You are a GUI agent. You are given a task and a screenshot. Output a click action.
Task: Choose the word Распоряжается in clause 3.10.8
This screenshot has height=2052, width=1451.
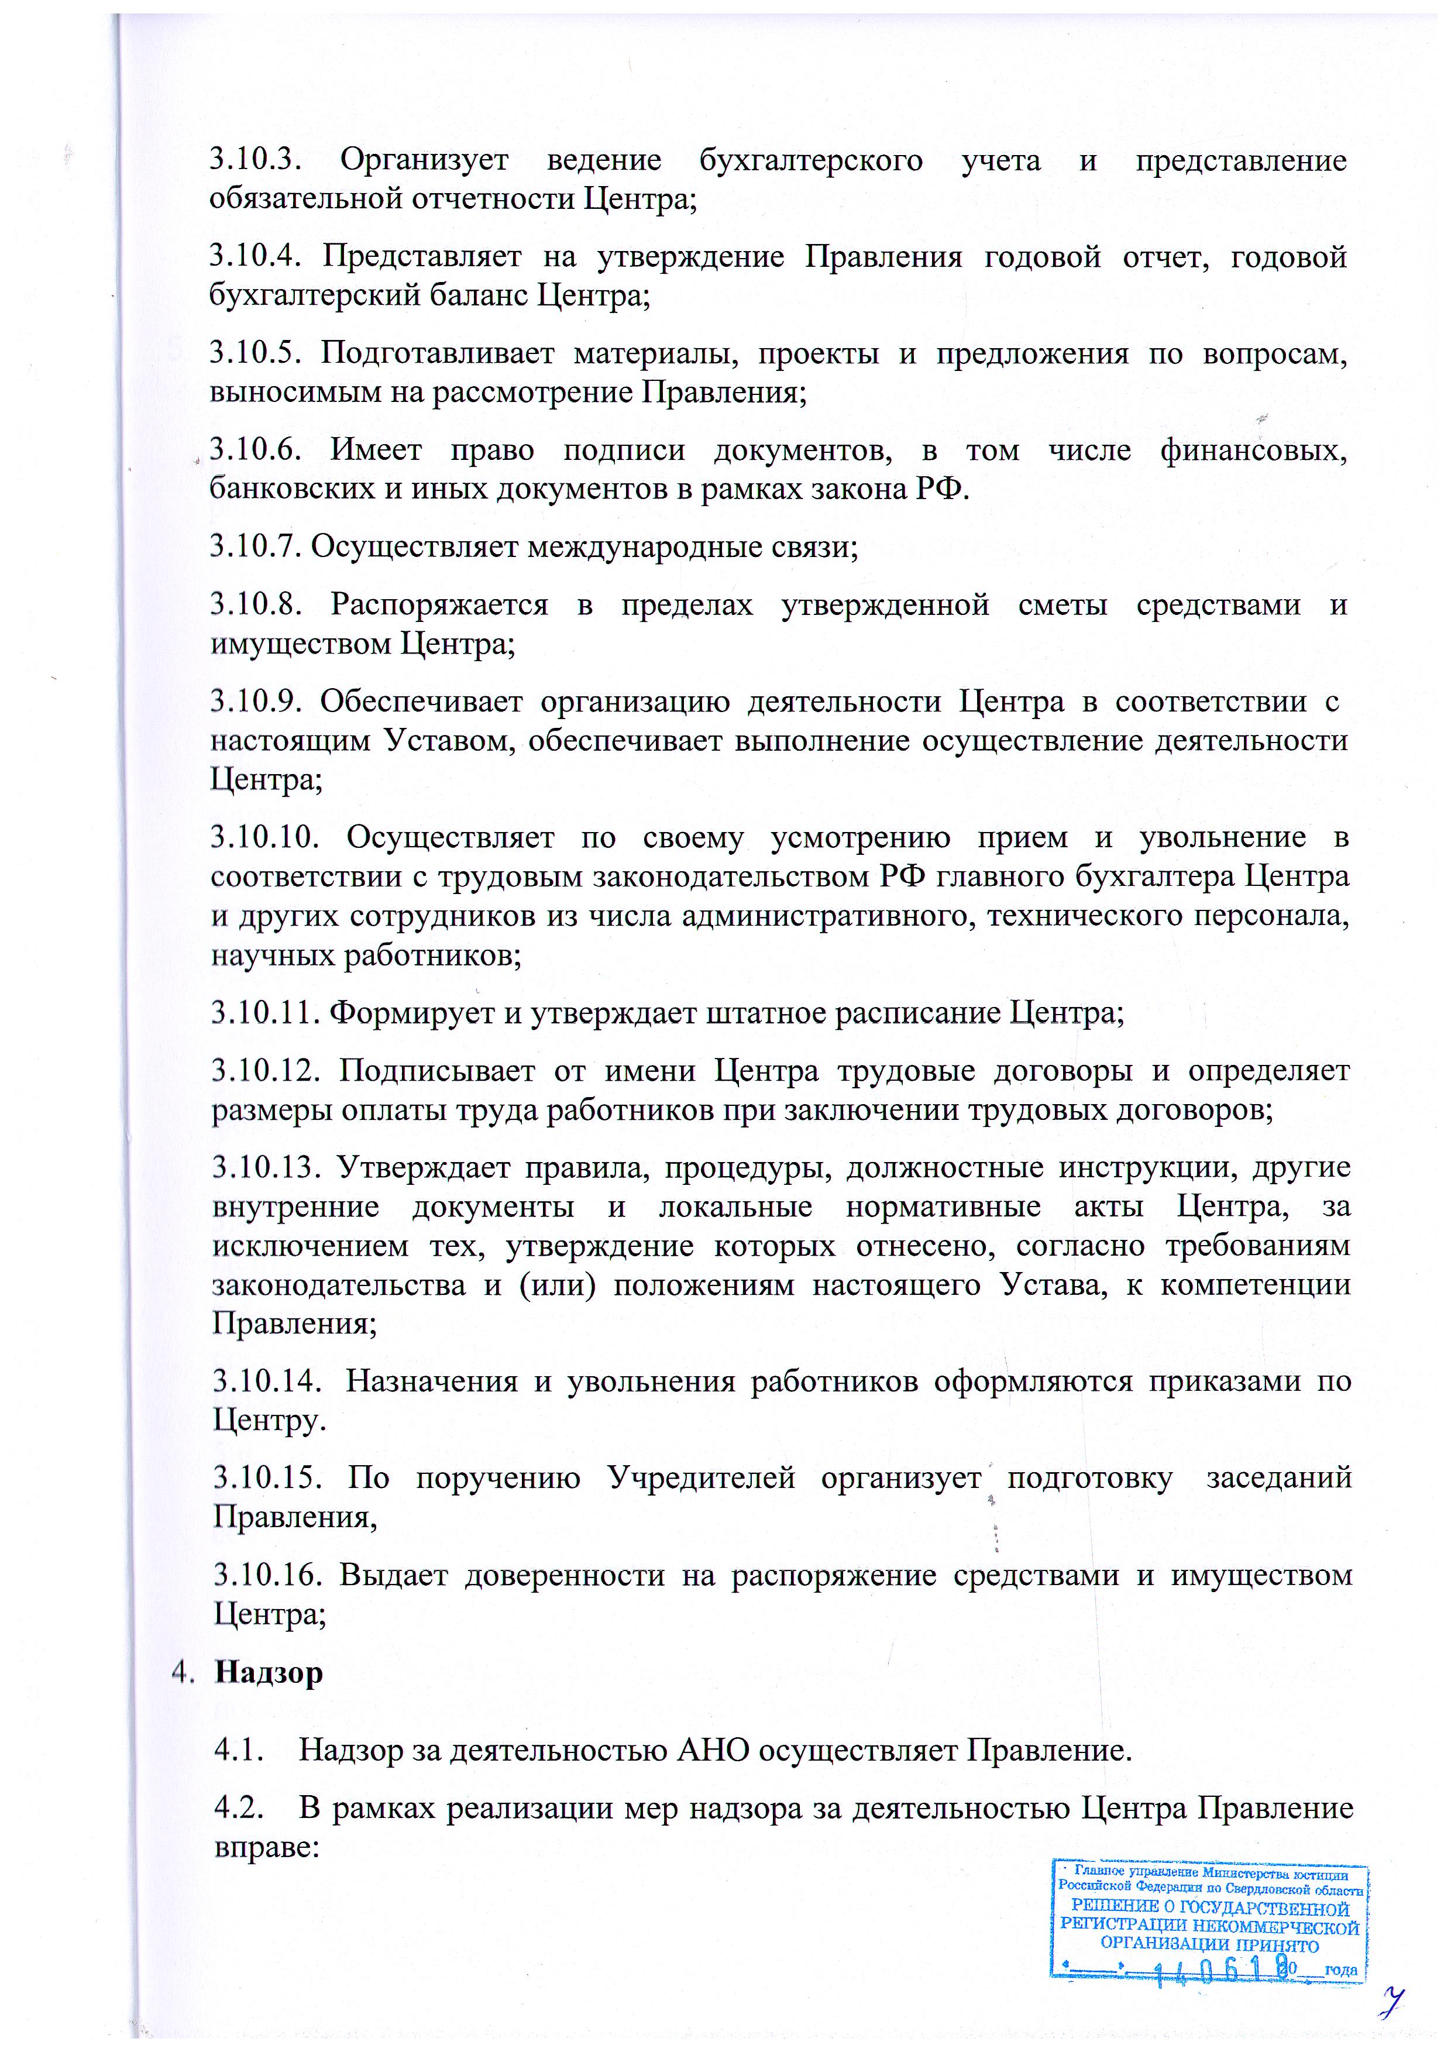[x=439, y=605]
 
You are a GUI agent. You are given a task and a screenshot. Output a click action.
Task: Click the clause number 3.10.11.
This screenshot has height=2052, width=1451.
[x=266, y=1013]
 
